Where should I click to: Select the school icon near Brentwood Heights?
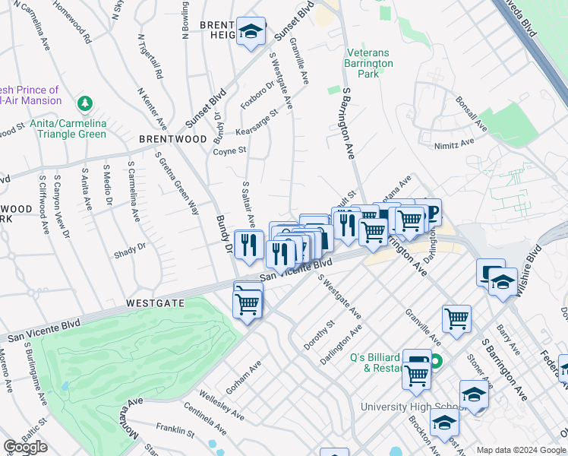[251, 32]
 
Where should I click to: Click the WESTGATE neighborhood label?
[155, 302]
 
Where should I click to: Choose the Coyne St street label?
[229, 150]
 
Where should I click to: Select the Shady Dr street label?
[130, 250]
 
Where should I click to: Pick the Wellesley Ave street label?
[221, 406]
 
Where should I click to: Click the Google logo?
[25, 447]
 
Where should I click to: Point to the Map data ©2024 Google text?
[521, 450]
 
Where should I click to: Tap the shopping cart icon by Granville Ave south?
[456, 318]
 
